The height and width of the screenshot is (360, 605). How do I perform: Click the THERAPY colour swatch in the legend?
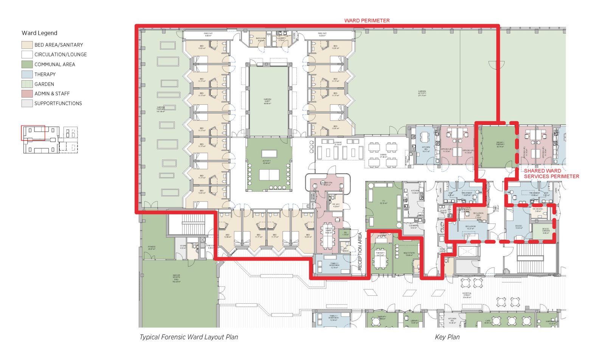(x=27, y=74)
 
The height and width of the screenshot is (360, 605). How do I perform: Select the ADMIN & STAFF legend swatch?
(x=27, y=93)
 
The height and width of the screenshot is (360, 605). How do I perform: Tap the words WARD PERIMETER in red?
(x=366, y=20)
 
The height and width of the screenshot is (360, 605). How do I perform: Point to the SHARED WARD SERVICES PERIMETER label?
(x=551, y=174)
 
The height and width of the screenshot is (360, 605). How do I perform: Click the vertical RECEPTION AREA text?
(x=360, y=251)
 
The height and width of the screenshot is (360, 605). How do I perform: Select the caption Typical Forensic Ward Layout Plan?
(x=189, y=337)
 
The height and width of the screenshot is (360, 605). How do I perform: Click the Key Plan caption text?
(x=447, y=337)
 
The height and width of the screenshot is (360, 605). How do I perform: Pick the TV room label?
(x=383, y=202)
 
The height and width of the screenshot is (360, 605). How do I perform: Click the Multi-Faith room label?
(x=409, y=254)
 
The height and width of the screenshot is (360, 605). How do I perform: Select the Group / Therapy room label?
(x=500, y=144)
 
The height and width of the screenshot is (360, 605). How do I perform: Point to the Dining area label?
(x=383, y=155)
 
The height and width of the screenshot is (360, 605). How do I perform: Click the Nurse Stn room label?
(x=327, y=184)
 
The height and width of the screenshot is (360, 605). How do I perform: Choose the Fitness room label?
(x=152, y=248)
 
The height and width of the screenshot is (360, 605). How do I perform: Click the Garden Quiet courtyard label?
(x=267, y=101)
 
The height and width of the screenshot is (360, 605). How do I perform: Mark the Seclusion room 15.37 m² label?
(x=470, y=227)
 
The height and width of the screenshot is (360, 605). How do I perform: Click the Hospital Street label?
(x=467, y=295)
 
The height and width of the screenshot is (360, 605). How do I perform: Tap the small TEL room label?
(x=345, y=233)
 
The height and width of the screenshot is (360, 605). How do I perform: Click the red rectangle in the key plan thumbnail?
(x=33, y=133)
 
